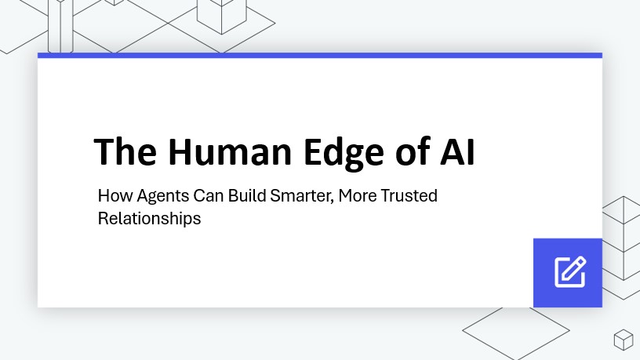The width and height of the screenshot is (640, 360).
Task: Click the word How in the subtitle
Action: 112,196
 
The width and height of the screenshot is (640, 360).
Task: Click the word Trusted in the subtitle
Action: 409,196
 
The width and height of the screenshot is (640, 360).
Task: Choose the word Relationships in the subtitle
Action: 149,219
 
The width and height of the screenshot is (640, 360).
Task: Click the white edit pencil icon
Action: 569,271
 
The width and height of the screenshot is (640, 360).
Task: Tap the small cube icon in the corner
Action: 623,339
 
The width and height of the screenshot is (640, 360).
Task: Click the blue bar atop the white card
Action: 320,55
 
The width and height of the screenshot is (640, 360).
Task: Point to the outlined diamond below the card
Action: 505,330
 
